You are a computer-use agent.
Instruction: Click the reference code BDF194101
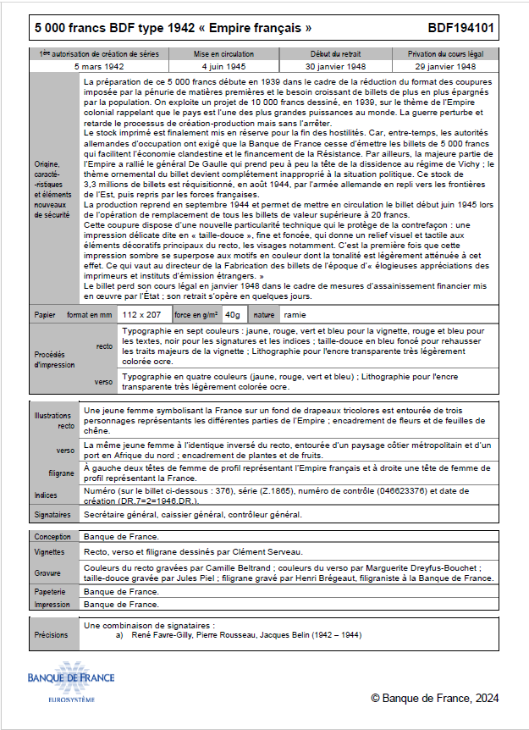[467, 29]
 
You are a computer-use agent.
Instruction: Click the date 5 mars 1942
[99, 65]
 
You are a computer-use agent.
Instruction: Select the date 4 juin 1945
[224, 65]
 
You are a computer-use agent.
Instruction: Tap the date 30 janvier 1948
[336, 65]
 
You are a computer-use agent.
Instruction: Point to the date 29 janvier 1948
[445, 65]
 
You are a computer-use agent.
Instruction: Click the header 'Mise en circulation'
[224, 53]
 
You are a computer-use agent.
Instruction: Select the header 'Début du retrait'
[336, 53]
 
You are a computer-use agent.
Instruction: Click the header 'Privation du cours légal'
[445, 53]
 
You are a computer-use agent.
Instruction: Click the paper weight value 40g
[233, 314]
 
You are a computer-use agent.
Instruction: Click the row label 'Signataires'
[52, 514]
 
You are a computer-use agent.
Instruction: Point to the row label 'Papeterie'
[51, 591]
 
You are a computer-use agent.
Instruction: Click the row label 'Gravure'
[47, 572]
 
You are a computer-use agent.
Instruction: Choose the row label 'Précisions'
[51, 633]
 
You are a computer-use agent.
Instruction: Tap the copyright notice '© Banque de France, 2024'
[434, 698]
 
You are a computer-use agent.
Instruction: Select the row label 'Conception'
[52, 537]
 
